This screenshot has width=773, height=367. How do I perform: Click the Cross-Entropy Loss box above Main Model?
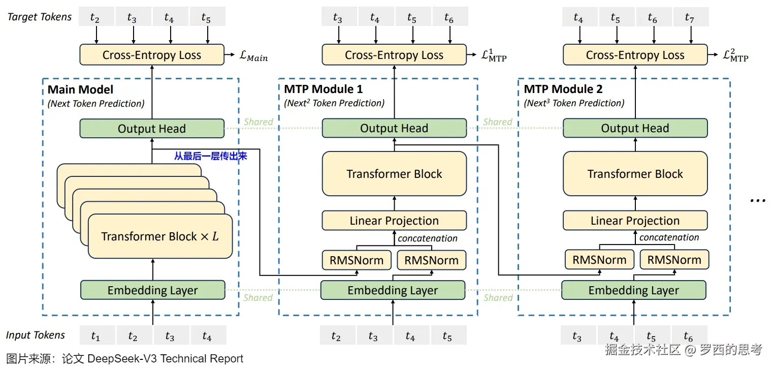click(151, 55)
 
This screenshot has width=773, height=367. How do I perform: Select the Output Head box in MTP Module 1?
click(394, 128)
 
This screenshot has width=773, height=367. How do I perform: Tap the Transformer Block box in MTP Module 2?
click(635, 174)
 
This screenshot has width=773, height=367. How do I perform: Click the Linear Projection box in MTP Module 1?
click(394, 221)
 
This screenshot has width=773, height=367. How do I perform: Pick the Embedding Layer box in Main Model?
click(152, 290)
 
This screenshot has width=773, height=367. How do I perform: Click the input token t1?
click(95, 336)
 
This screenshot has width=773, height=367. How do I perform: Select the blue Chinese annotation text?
click(210, 157)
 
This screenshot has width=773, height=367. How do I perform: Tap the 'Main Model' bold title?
click(81, 90)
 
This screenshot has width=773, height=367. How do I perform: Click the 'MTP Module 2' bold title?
click(563, 89)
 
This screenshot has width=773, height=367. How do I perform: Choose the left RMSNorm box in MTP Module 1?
click(357, 260)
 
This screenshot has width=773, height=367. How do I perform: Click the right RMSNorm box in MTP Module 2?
click(674, 260)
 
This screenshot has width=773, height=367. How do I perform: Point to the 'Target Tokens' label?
click(40, 17)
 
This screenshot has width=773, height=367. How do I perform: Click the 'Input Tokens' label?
click(36, 335)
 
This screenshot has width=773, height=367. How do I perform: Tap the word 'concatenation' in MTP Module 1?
click(427, 238)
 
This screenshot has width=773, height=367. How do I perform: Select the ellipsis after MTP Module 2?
click(757, 199)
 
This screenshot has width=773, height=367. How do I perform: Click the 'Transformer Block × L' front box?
click(160, 236)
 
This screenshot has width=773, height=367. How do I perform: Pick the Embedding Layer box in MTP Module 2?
click(633, 290)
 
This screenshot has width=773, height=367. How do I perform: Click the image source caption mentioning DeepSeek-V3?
click(125, 358)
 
